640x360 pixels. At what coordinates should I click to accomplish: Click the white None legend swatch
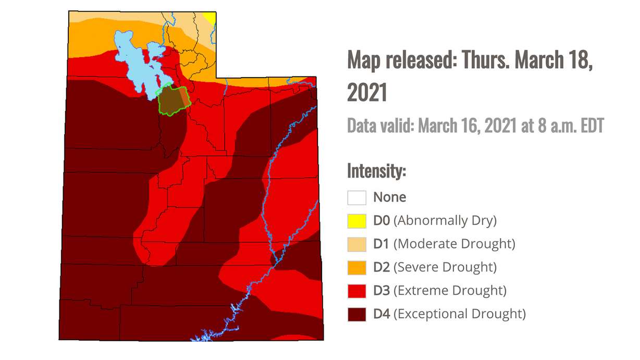pos(357,197)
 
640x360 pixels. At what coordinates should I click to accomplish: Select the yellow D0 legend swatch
pos(357,221)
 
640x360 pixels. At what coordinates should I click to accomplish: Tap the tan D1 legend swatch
pos(357,244)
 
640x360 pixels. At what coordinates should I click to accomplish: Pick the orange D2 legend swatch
pos(357,267)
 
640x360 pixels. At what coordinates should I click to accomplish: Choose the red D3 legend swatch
pos(357,290)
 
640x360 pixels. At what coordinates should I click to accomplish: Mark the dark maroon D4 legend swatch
pos(357,314)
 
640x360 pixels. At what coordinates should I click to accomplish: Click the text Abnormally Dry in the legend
pos(445,221)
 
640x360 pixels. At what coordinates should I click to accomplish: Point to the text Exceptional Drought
pos(459,314)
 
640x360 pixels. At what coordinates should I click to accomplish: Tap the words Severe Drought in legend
pos(445,267)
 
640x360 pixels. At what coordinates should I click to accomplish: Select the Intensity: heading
pos(376,170)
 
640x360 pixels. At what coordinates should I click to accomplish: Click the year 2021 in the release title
pos(367,92)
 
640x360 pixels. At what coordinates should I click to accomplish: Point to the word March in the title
pos(540,61)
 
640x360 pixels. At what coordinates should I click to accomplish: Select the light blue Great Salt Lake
pos(130,63)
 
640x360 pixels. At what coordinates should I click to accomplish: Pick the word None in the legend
pos(389,197)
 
